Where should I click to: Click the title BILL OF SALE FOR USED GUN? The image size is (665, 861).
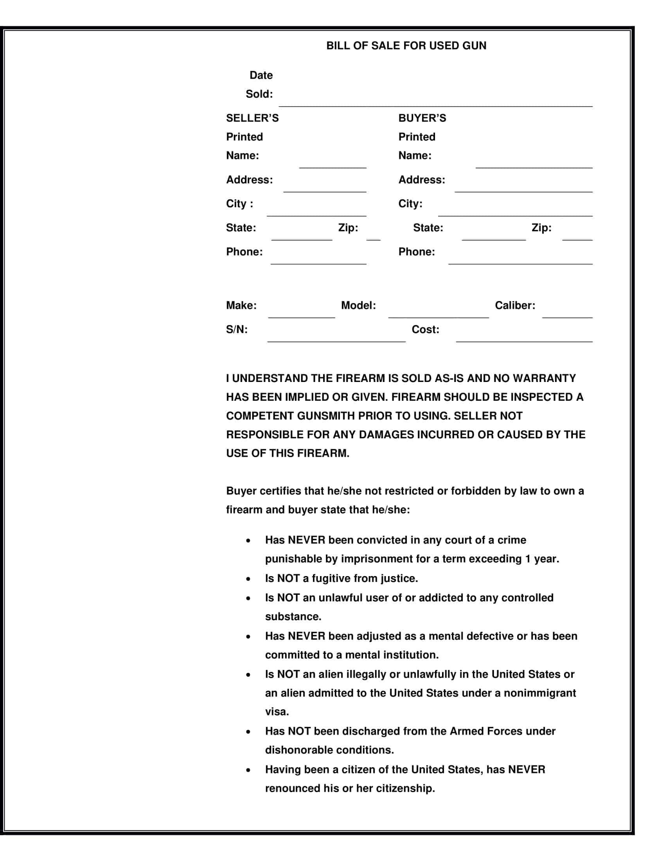(x=406, y=46)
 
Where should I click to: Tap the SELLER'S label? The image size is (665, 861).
(x=252, y=118)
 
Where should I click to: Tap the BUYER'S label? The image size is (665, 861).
(x=422, y=118)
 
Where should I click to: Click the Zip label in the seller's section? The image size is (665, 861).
(x=348, y=228)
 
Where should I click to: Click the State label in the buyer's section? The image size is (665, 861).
(x=428, y=228)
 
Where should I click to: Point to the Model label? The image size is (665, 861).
(x=358, y=306)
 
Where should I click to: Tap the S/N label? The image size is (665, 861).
(x=237, y=330)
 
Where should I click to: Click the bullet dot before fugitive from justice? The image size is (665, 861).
(x=248, y=579)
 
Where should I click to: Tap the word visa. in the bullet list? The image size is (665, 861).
(x=277, y=711)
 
